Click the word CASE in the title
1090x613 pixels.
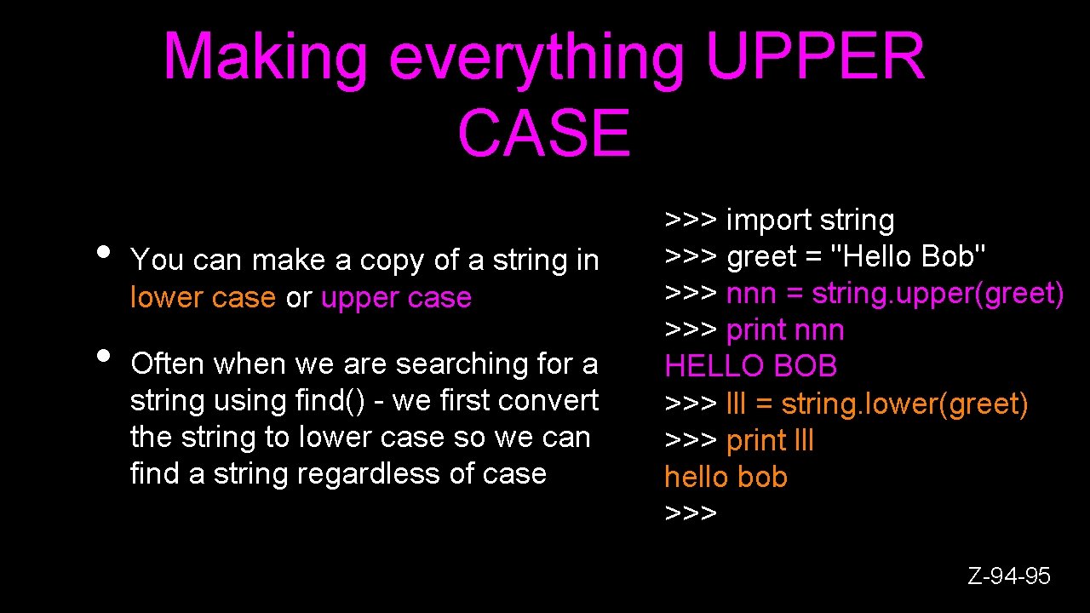point(544,134)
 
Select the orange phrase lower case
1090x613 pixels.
point(203,297)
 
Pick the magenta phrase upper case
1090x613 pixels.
point(396,297)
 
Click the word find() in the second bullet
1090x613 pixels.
point(333,400)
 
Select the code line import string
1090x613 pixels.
point(810,220)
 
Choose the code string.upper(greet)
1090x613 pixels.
point(938,293)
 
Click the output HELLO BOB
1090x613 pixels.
point(750,366)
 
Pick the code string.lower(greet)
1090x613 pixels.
point(904,404)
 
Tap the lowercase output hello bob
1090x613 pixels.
point(726,477)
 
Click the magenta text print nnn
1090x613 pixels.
point(785,329)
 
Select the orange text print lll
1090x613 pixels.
point(770,440)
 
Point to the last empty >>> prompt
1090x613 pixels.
point(691,513)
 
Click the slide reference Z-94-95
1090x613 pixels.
point(1009,576)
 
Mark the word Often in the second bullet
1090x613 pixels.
point(167,364)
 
